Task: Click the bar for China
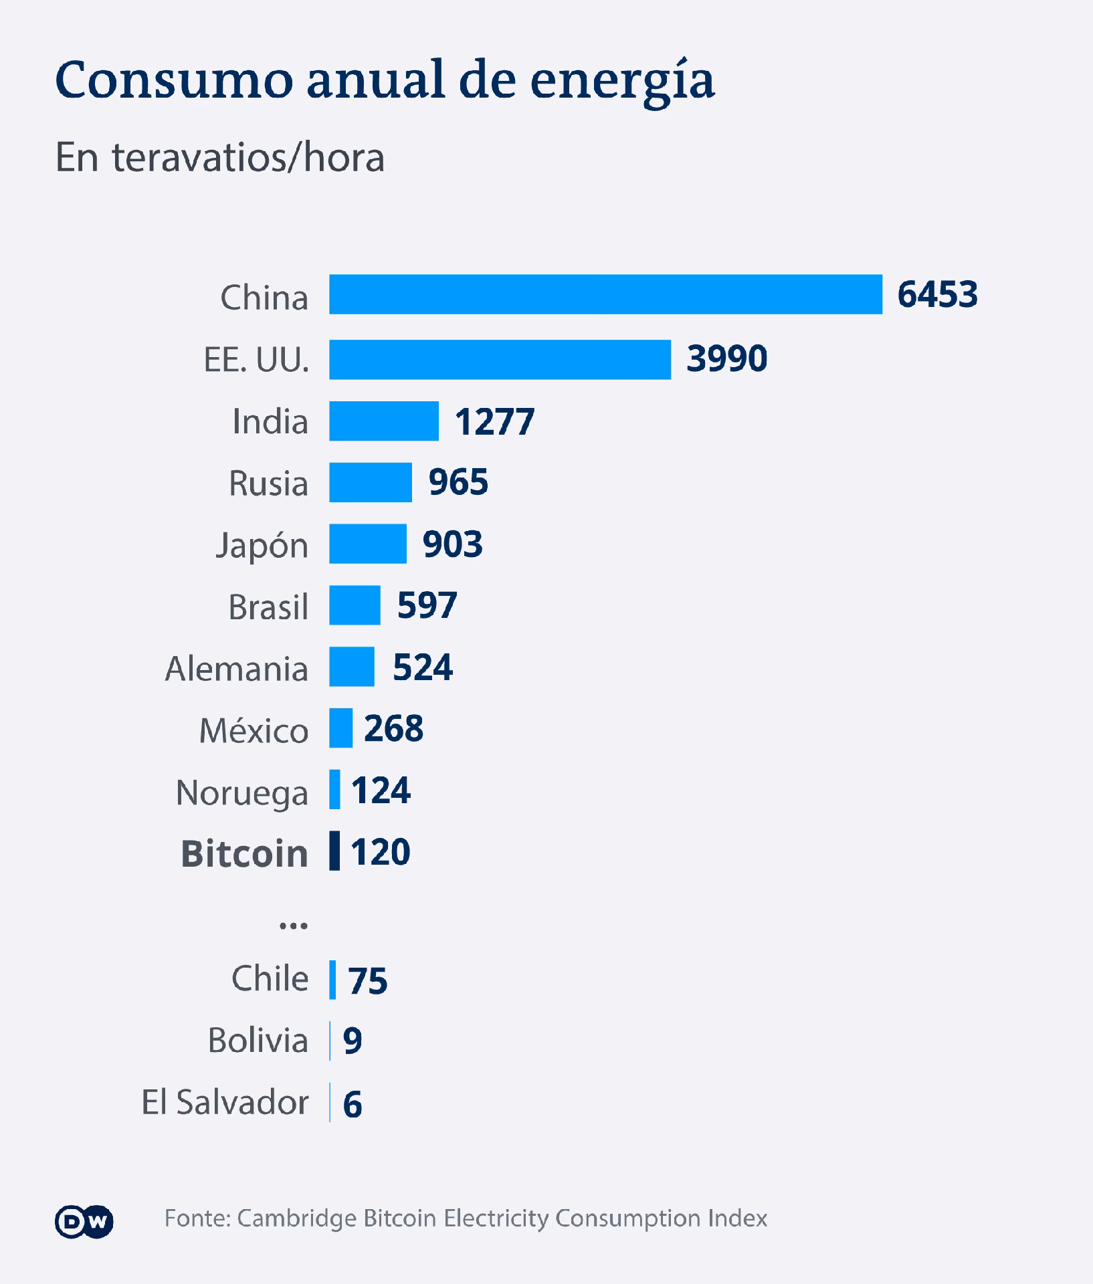(605, 294)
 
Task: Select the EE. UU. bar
(500, 360)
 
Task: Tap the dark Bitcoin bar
(334, 851)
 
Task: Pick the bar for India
(383, 421)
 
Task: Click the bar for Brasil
(355, 605)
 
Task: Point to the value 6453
(937, 294)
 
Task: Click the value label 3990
(726, 358)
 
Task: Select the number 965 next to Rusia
(458, 482)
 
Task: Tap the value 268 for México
(393, 728)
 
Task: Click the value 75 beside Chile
(367, 981)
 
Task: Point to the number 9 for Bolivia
(352, 1041)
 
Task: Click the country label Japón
(262, 546)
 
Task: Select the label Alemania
(236, 669)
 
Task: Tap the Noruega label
(241, 793)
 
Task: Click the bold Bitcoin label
(244, 854)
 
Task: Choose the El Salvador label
(225, 1103)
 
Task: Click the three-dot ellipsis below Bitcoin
(293, 926)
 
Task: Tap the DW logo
(84, 1221)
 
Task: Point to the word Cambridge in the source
(297, 1218)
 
